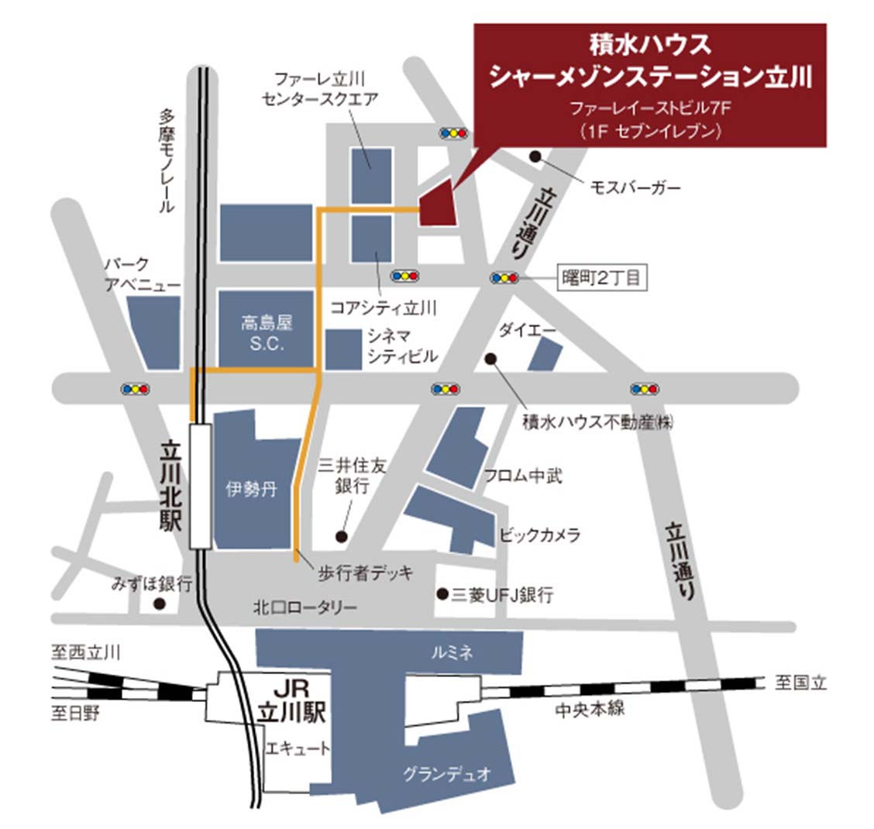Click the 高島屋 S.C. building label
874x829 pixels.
click(x=267, y=334)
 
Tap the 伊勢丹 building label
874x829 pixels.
click(x=251, y=490)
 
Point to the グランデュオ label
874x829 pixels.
click(x=447, y=773)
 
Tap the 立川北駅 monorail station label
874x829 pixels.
click(x=170, y=486)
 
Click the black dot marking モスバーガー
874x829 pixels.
click(x=535, y=157)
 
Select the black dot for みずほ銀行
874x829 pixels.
click(x=159, y=604)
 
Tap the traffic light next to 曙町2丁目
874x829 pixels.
click(x=504, y=277)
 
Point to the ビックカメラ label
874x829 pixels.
click(x=539, y=535)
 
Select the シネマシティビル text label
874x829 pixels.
click(x=402, y=346)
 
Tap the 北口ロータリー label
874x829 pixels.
click(x=305, y=607)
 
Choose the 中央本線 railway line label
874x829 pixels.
click(x=590, y=708)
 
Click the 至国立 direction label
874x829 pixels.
click(x=801, y=683)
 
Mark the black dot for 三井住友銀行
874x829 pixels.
click(x=340, y=535)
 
